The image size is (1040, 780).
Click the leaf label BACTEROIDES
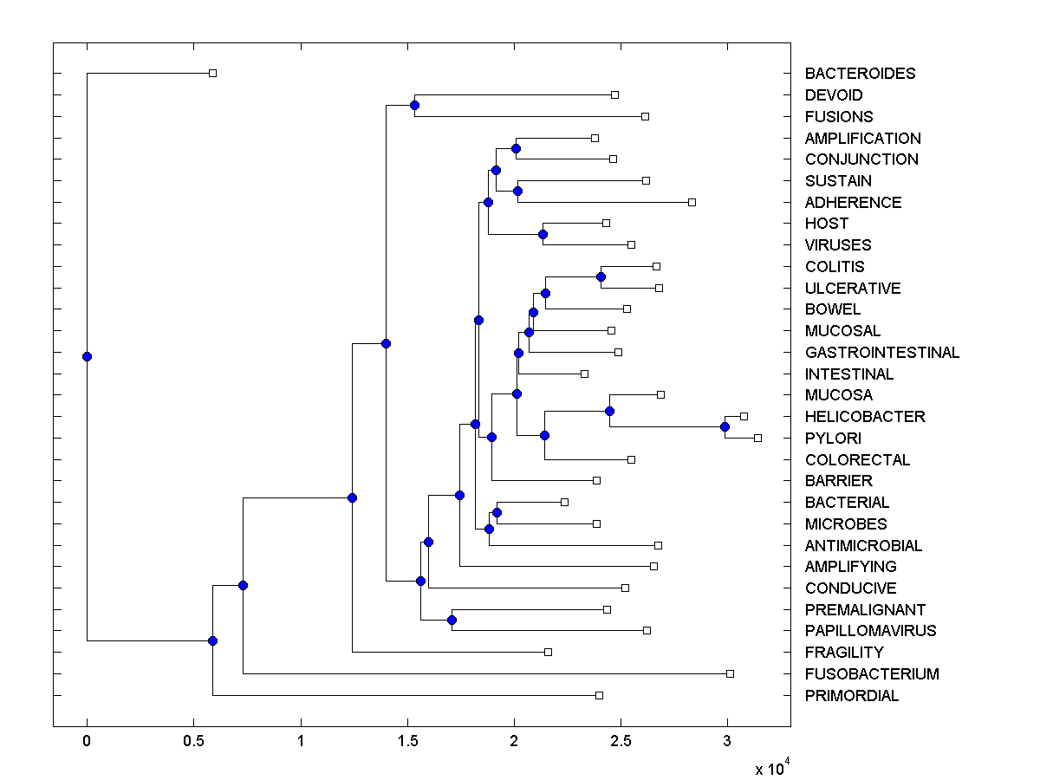coord(860,74)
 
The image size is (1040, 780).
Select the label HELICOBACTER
coord(865,417)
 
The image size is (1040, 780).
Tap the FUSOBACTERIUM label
coord(872,674)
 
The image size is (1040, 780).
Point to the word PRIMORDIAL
coord(852,696)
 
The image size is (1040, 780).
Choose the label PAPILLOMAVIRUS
coord(870,631)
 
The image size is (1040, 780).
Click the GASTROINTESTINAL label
coord(882,353)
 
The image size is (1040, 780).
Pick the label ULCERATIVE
coord(853,289)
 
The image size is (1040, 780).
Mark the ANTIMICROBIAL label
coord(863,546)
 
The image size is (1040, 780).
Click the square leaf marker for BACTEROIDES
coord(212,73)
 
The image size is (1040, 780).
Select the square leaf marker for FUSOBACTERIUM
coord(730,673)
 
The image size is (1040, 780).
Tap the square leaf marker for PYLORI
coord(757,438)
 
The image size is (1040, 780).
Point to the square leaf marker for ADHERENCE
coord(692,202)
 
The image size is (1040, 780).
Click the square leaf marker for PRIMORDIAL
coord(599,695)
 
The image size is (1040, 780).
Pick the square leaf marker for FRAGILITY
coord(548,652)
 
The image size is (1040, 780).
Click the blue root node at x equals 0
coord(87,356)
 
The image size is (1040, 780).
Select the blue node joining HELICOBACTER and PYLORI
coord(725,426)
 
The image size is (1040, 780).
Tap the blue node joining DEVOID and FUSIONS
coord(414,105)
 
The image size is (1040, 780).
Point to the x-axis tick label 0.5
coord(194,741)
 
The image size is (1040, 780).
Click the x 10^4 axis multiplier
coord(771,766)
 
